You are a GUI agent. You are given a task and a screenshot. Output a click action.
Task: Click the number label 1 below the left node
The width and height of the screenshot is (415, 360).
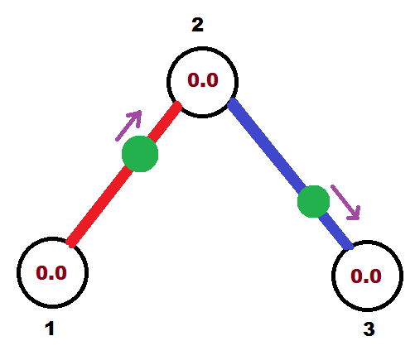[50, 329]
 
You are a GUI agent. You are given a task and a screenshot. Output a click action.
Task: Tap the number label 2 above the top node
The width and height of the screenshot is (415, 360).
[197, 25]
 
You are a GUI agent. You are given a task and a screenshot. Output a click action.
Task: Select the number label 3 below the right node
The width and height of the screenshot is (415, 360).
[369, 329]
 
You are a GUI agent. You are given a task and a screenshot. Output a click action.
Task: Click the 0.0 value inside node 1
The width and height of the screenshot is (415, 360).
[51, 273]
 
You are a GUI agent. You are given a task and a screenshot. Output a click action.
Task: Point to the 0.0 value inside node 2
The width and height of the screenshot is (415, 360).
[203, 80]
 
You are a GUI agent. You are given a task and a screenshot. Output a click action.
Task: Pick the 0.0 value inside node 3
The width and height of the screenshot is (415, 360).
[366, 276]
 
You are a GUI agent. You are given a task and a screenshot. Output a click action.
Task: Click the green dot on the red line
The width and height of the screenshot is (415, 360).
[140, 154]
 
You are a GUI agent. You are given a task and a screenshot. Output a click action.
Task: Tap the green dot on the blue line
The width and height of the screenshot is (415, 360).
[313, 201]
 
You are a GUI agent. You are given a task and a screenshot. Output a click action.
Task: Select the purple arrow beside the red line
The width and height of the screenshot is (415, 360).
[128, 126]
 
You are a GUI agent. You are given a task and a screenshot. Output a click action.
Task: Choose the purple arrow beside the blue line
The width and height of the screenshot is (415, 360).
[345, 202]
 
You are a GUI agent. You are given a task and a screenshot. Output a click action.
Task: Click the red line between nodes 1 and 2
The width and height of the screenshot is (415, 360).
[125, 175]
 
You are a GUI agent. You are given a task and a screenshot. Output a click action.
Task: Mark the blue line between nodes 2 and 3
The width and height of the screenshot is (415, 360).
[290, 174]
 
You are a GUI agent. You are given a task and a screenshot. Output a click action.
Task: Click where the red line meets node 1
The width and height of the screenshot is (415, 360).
[70, 243]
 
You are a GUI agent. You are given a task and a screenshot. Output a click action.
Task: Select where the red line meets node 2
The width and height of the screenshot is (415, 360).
[178, 105]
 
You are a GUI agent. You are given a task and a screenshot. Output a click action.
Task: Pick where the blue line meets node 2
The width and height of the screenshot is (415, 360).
[231, 102]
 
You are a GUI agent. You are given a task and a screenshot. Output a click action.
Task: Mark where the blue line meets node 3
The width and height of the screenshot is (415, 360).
[350, 246]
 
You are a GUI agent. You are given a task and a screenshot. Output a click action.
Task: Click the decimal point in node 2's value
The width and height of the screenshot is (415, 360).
[203, 85]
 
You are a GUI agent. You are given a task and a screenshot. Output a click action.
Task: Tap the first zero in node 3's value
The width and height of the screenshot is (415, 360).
[356, 276]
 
